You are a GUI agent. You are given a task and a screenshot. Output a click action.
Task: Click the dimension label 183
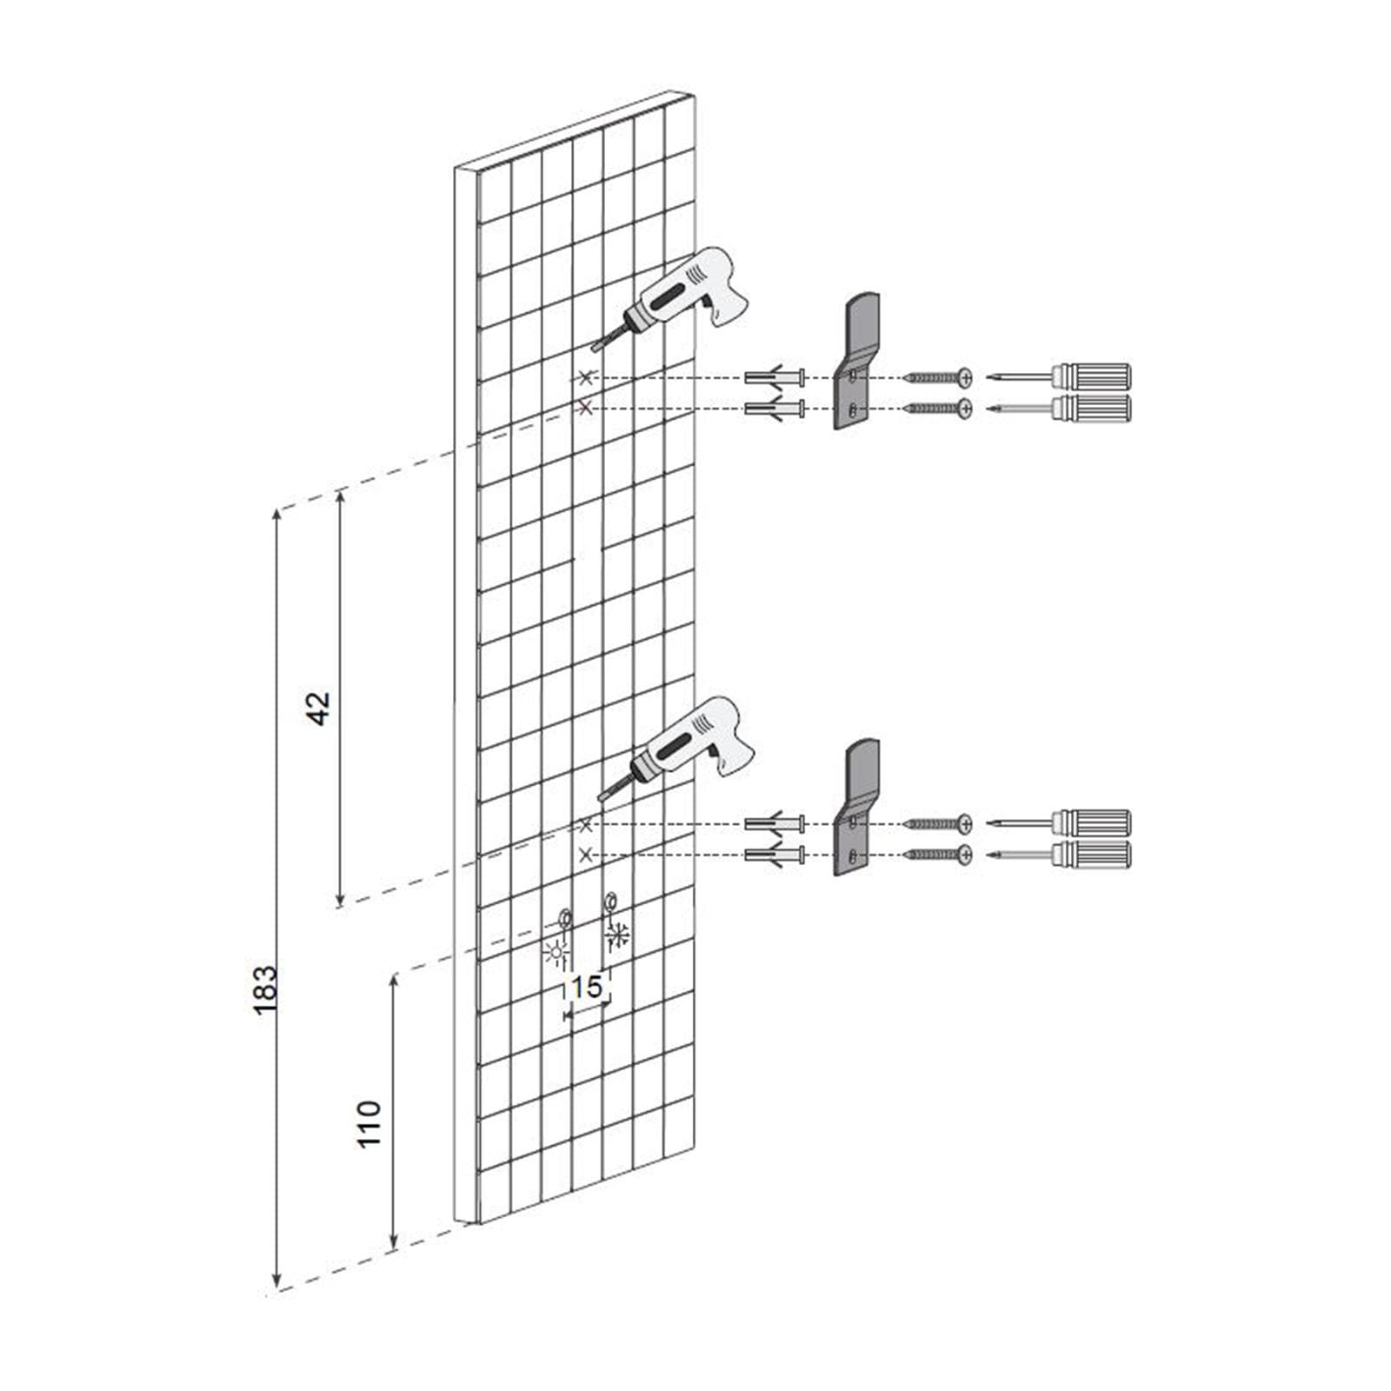click(x=265, y=988)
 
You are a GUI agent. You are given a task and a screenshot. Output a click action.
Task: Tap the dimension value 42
click(x=319, y=708)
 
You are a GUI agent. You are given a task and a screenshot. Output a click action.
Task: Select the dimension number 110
click(x=370, y=1123)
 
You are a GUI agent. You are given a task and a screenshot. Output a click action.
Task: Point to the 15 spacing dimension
click(x=587, y=987)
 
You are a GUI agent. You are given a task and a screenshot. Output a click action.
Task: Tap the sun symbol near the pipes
click(x=555, y=954)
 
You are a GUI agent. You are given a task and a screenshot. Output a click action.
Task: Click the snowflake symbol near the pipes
click(x=618, y=935)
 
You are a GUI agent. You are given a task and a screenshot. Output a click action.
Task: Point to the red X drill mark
click(x=586, y=406)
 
